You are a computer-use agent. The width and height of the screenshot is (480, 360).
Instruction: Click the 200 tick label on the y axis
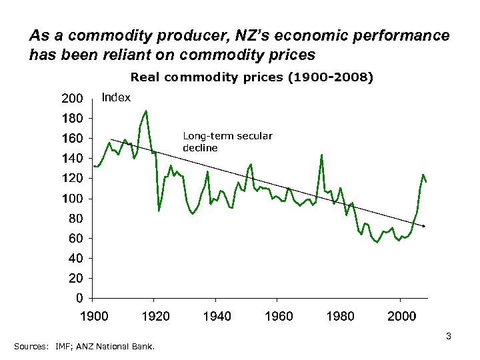coord(72,99)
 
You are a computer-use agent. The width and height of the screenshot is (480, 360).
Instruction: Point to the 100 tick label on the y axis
coord(72,199)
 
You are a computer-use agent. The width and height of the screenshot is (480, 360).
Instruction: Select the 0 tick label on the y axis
coord(79,297)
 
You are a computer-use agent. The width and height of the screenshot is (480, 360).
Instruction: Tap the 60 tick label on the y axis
coord(75,238)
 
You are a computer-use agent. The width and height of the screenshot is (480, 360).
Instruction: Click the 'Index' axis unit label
coord(116,98)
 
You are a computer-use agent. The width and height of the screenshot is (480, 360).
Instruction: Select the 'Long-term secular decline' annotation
coord(227,142)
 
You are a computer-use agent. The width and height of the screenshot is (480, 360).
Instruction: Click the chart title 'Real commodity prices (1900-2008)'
coord(252,77)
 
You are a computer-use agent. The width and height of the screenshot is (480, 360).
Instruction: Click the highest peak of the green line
coord(146,111)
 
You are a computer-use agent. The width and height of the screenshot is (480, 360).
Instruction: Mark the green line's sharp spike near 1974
coord(322,155)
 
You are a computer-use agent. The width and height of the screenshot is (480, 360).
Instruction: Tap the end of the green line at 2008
coord(426,181)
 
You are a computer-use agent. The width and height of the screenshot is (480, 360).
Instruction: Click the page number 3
coord(449,337)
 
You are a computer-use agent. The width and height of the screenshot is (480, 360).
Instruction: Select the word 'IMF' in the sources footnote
coord(64,347)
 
